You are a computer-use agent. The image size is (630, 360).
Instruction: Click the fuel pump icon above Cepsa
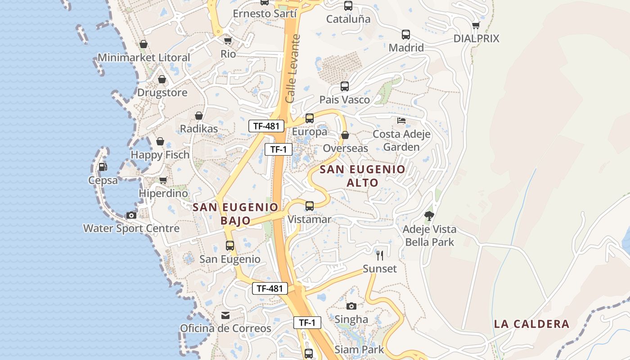pos(103,167)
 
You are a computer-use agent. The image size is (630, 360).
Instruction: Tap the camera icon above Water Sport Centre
pos(131,215)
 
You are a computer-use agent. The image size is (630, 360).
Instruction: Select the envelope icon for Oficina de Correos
pos(225,315)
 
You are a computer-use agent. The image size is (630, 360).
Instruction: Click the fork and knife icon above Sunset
pos(380,256)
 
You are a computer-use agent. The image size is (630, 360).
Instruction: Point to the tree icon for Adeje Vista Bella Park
pos(429,216)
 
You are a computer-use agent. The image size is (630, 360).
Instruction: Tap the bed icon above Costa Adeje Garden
pos(401,121)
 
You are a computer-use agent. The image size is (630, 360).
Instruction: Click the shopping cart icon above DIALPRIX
pos(476,25)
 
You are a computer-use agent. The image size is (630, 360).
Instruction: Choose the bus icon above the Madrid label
pos(406,35)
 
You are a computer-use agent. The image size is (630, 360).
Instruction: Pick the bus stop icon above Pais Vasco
pos(345,86)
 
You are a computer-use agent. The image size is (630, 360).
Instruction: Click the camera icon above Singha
pos(351,306)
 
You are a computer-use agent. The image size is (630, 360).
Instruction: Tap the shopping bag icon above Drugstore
pos(162,80)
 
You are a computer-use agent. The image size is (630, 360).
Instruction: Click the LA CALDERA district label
pos(531,324)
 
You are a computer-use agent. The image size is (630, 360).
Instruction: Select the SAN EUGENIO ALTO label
pos(363,176)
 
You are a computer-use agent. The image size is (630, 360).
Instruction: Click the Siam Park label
pos(359,350)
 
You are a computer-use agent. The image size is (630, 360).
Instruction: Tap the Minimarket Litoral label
pos(144,58)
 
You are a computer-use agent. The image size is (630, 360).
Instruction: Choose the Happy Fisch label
pos(160,155)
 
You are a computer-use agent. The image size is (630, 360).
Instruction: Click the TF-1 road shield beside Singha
pos(307,323)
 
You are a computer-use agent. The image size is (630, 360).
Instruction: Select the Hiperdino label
pos(163,193)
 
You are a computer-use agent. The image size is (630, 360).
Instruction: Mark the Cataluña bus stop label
pos(348,19)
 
